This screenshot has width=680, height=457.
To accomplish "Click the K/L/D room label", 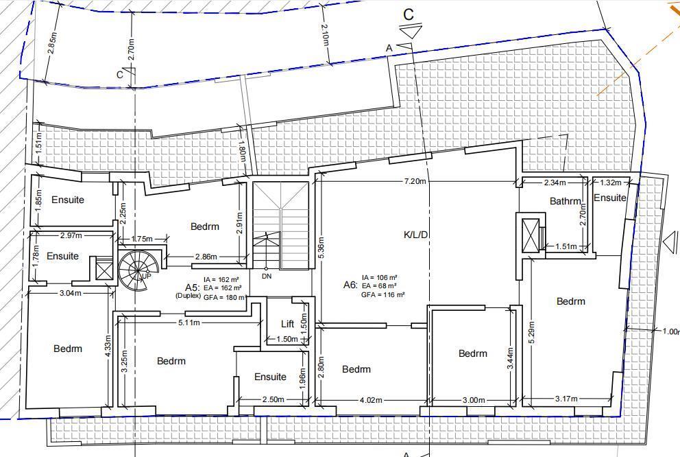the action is pos(415,235).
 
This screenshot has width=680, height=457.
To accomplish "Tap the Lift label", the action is pos(287,324).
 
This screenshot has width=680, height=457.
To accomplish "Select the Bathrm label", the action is pos(565,201).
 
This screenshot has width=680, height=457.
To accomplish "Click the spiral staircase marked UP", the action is pos(134,270).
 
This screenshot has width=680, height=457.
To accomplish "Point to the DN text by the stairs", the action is pos(267,276).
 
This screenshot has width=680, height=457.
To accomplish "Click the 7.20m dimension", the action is pos(415,181).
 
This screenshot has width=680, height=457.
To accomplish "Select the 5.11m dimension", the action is pos(189,323).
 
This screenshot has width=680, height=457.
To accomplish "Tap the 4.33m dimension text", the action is pos(108,347).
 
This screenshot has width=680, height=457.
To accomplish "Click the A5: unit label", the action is pos(193,288).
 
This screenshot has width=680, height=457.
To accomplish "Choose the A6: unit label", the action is pos(350,285).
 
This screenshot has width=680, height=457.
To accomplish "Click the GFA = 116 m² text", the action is pos(383,294).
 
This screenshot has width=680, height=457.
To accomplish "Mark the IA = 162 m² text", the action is pos(221,280).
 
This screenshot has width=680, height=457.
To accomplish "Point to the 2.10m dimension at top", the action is pos(325,36).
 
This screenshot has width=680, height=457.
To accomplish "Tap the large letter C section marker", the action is pos(409,14).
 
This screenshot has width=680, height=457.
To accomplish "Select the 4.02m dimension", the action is pos(371,400).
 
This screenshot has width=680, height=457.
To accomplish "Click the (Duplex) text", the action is pos(189,296).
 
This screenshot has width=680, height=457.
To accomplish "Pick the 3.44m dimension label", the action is pos(510,358).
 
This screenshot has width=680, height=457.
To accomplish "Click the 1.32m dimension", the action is pos(611,183).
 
